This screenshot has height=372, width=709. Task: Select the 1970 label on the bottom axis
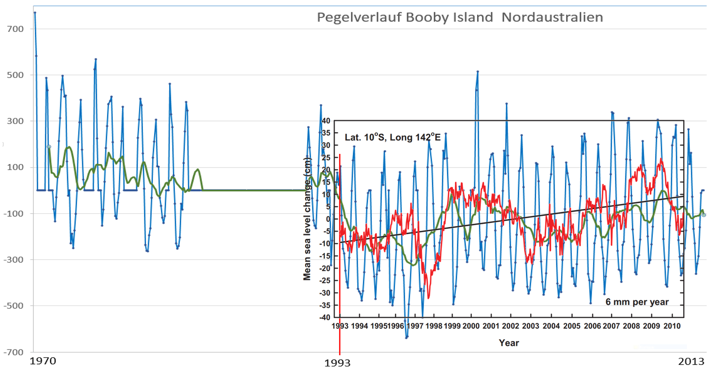pos(43,361)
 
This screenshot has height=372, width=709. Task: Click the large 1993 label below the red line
pos(339,363)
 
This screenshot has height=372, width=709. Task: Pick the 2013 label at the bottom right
pos(692,361)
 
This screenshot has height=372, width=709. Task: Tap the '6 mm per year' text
pos(637,302)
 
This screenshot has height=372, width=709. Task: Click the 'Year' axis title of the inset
pos(509,343)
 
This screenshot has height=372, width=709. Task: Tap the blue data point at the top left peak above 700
pos(35,13)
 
